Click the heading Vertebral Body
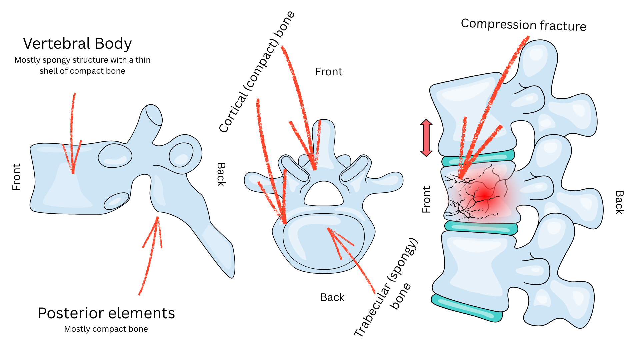coord(77,44)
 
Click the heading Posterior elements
coord(106,313)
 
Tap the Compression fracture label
coord(523,25)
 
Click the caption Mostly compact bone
coord(106,329)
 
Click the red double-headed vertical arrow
coord(426,138)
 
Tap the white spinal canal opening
coord(323,195)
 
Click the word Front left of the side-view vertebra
coord(16,177)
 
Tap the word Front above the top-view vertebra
coord(329,72)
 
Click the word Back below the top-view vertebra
coord(332,297)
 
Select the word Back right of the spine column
coord(619,202)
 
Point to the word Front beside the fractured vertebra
coord(426,199)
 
